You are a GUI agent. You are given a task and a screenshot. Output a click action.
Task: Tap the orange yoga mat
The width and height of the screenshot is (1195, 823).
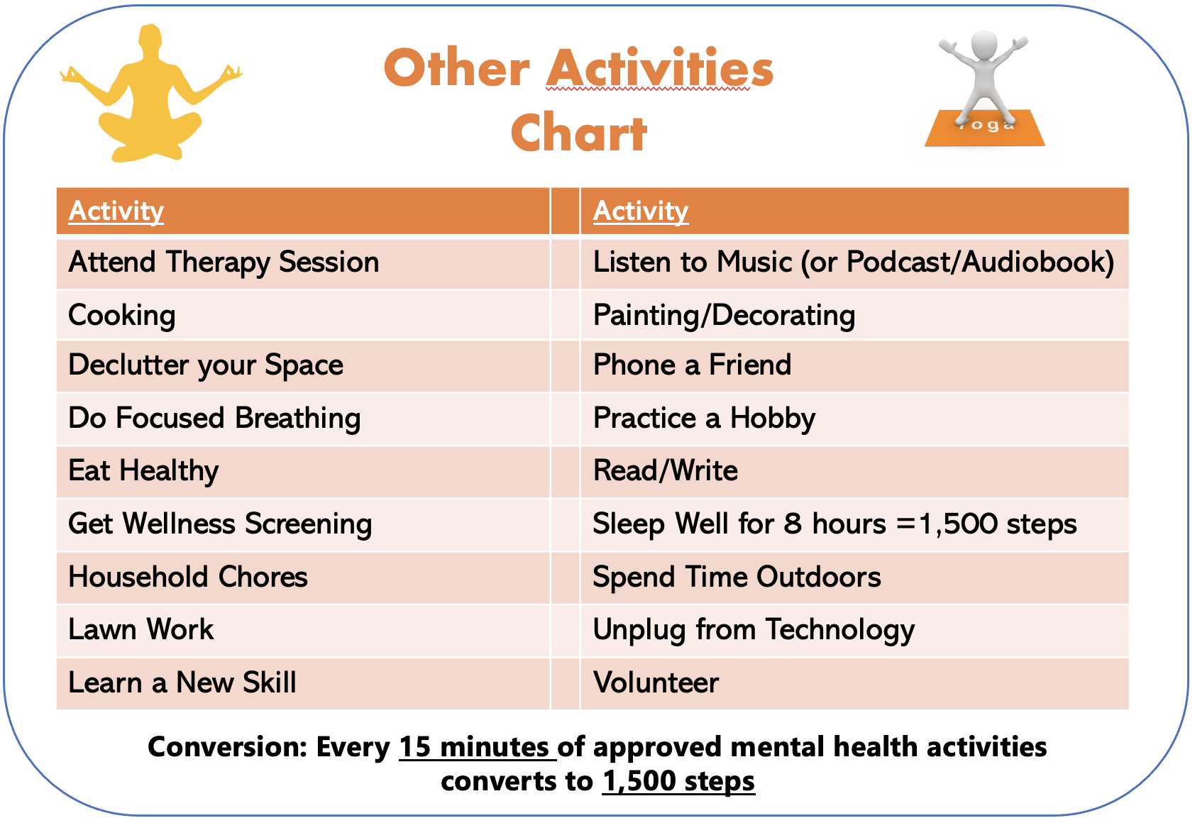click(x=984, y=128)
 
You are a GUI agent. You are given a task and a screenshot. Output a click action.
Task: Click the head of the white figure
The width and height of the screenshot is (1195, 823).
click(x=984, y=45)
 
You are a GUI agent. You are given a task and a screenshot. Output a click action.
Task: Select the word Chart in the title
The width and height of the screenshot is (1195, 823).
click(x=579, y=133)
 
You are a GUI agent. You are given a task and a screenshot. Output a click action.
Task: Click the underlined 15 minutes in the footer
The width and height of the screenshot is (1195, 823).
click(x=474, y=747)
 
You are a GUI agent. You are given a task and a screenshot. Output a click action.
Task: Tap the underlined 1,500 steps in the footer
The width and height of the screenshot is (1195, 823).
click(x=678, y=781)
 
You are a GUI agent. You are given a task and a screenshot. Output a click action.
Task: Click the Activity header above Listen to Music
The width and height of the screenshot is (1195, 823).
click(x=641, y=211)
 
